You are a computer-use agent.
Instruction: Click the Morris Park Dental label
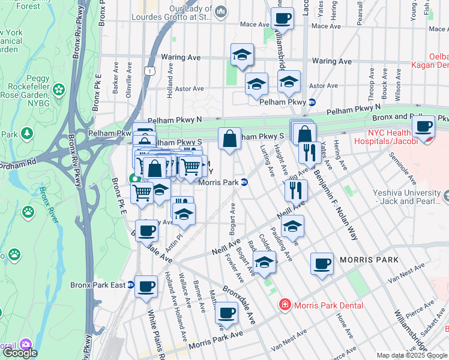pos(330,305)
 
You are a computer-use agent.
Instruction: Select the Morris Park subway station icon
pos(245,182)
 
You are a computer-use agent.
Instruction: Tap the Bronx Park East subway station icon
pos(130,284)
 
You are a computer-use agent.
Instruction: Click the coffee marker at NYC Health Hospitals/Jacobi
pos(423,127)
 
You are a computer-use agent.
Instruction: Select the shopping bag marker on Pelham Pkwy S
pos(229,139)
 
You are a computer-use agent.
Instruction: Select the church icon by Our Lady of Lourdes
pos(220,11)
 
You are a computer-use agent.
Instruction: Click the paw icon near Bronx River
pos(28,211)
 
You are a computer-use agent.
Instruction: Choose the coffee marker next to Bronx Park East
pos(146,287)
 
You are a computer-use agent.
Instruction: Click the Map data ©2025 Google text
pos(412,355)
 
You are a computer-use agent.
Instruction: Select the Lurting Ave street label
pos(267,160)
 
